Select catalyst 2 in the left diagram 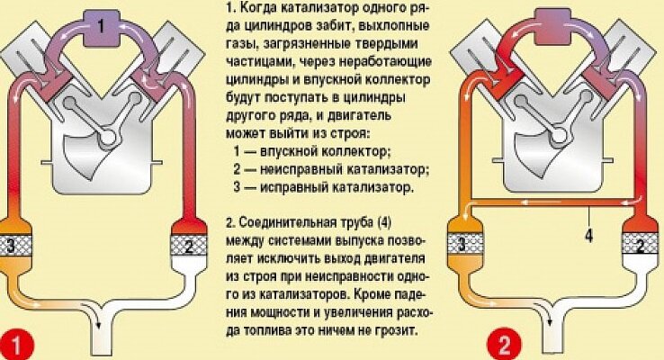pos(185,244)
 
